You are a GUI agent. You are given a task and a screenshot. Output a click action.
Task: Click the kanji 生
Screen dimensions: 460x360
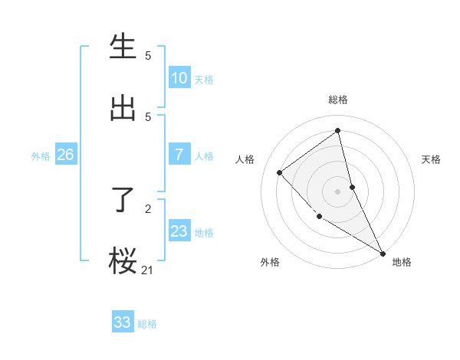click(123, 47)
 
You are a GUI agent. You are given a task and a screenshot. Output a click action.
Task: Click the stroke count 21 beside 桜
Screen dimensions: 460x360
click(148, 270)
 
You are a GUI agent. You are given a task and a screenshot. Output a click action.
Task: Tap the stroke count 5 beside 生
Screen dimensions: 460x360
click(148, 55)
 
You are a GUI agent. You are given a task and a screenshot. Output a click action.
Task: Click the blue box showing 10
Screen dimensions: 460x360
click(179, 78)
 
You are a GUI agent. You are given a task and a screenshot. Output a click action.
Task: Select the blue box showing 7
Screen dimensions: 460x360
click(179, 155)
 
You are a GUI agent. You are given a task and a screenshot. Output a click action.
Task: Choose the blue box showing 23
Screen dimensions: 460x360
click(179, 231)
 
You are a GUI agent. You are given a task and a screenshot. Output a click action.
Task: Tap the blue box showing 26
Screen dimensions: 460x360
click(65, 155)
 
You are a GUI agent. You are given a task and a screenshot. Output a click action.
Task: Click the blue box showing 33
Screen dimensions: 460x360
click(123, 322)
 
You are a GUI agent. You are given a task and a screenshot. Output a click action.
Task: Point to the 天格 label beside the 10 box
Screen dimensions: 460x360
click(204, 80)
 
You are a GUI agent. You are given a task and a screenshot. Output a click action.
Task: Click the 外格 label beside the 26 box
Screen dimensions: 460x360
click(41, 156)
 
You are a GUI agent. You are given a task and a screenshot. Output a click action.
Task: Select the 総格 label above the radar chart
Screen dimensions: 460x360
click(338, 100)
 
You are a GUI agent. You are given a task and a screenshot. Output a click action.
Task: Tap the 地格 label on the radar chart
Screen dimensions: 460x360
click(402, 262)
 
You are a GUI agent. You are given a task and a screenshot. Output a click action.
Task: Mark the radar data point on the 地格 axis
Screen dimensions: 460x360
click(383, 253)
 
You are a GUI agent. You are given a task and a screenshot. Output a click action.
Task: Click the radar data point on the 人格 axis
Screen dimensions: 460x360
click(280, 172)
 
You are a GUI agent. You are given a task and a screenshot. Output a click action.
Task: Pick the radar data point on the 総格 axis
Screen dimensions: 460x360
click(338, 130)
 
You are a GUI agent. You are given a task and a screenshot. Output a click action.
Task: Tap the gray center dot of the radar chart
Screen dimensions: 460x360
click(338, 191)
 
